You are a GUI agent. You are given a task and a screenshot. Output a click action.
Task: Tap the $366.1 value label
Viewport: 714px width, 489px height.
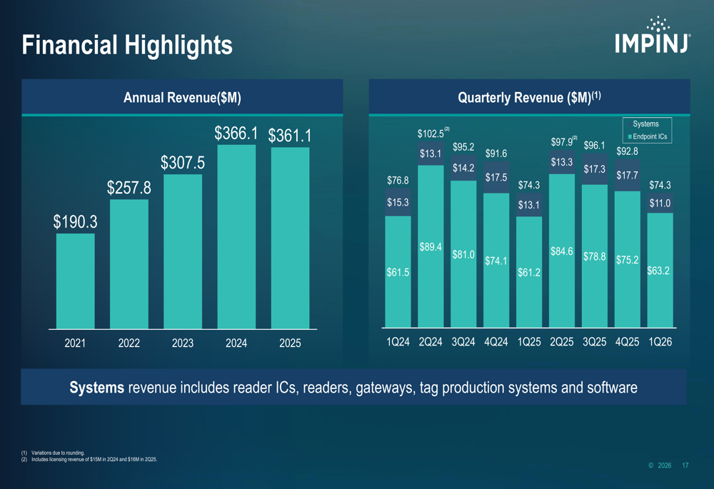click(236, 133)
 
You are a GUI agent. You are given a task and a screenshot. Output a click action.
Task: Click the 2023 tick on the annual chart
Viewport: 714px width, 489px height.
click(183, 343)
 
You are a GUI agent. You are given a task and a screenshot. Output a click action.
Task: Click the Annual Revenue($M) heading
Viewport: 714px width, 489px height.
click(182, 97)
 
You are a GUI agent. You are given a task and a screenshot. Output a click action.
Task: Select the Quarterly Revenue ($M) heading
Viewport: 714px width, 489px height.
click(528, 97)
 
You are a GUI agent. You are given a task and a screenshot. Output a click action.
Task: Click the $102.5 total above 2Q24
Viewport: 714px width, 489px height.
click(431, 134)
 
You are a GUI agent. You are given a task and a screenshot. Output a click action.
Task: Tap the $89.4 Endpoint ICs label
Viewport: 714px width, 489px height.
click(431, 247)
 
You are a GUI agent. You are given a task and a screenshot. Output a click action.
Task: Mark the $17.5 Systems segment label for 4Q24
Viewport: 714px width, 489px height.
click(496, 178)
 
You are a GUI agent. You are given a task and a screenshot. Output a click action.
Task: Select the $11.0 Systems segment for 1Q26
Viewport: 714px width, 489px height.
click(660, 203)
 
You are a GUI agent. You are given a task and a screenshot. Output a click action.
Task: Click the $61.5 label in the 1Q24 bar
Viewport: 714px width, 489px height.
click(398, 272)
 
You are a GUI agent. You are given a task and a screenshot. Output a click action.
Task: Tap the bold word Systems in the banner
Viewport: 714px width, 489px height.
click(96, 388)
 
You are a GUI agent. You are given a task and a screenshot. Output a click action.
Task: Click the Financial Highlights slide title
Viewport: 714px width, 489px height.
click(127, 45)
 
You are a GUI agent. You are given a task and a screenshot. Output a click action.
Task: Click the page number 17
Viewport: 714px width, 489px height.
click(685, 465)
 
